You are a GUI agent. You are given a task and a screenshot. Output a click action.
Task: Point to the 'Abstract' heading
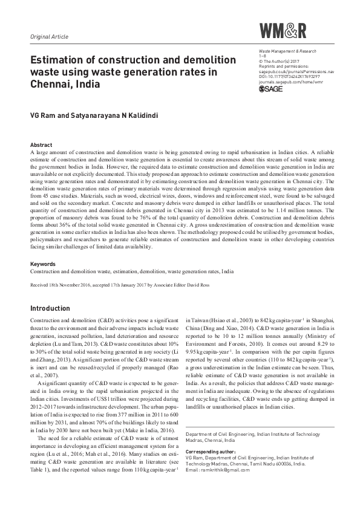click(x=41, y=146)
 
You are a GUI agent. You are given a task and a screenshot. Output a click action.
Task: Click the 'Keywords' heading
click(x=43, y=264)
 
